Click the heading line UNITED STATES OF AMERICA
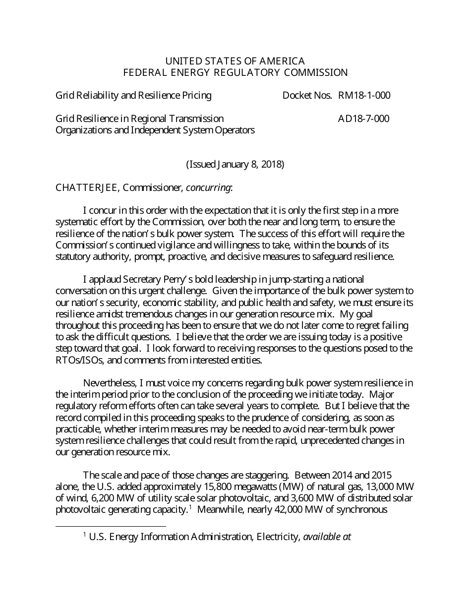[235, 61]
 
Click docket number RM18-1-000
[364, 95]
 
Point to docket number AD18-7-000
[363, 119]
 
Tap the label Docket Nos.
[307, 95]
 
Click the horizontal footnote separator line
[111, 527]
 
